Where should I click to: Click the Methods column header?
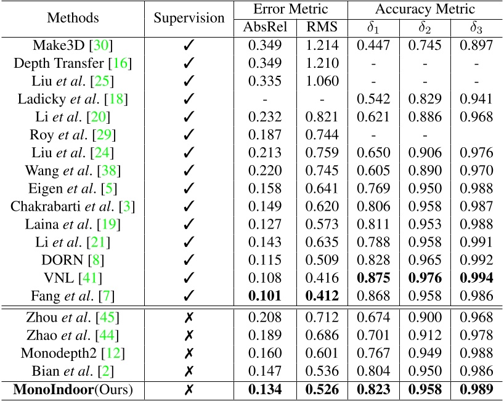pos(73,18)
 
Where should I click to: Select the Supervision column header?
pos(189,18)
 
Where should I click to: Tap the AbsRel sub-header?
pos(266,27)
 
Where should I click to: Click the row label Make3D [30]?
pos(73,46)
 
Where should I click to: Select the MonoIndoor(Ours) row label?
pos(73,390)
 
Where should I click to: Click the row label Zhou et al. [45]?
pos(73,317)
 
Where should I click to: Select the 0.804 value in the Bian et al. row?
pos(373,372)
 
